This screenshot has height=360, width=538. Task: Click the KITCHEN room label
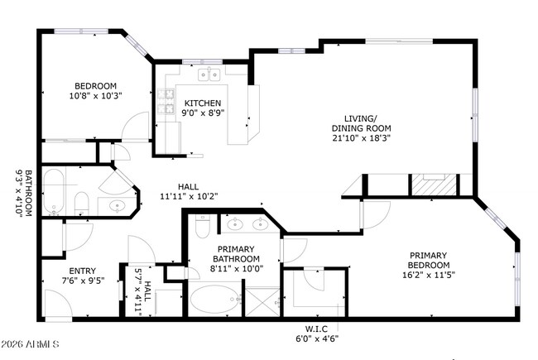click(x=203, y=103)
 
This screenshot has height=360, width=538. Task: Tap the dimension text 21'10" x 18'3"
click(x=362, y=138)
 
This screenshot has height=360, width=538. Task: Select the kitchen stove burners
click(x=166, y=102)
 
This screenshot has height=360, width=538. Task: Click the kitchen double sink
click(x=209, y=74)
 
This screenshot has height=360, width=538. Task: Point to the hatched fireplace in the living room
click(x=434, y=185)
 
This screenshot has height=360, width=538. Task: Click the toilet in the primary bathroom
click(x=203, y=226)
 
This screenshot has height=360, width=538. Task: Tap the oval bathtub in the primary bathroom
click(x=215, y=299)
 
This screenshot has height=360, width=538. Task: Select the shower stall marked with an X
click(x=262, y=302)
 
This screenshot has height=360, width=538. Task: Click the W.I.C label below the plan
click(x=316, y=329)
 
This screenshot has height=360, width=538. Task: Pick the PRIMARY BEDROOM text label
click(x=429, y=260)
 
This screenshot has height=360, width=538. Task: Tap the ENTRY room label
click(x=82, y=271)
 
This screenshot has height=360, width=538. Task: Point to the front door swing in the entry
click(x=59, y=305)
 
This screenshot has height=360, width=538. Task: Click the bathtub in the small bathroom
click(x=54, y=191)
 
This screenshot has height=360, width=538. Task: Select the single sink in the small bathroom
click(x=118, y=206)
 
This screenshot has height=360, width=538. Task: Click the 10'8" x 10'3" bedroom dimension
click(x=96, y=95)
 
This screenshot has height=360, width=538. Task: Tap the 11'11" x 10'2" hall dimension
click(x=189, y=196)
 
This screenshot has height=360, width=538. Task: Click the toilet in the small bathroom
click(x=81, y=204)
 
